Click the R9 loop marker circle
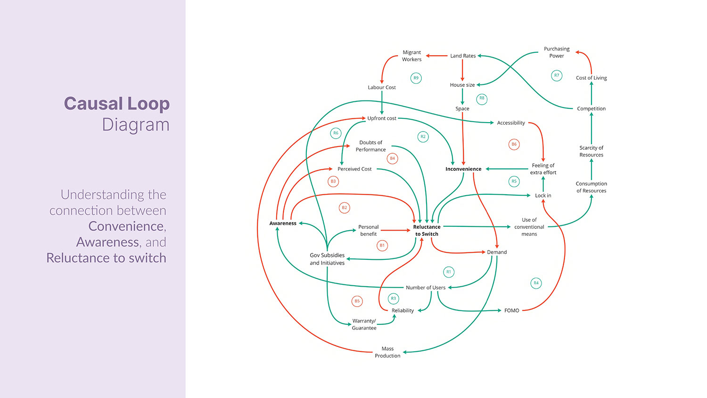416,78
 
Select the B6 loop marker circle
514,144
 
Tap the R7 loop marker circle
557,75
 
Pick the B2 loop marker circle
345,207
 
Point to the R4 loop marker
536,283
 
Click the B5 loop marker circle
357,301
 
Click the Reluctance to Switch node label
427,230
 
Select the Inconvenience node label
463,169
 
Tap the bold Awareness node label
283,224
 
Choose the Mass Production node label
387,352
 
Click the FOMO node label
511,310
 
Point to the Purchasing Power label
557,52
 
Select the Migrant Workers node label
411,56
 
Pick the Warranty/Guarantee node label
364,324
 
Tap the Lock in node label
543,196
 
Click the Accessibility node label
511,123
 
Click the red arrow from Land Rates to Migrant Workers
437,56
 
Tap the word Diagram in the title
136,125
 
